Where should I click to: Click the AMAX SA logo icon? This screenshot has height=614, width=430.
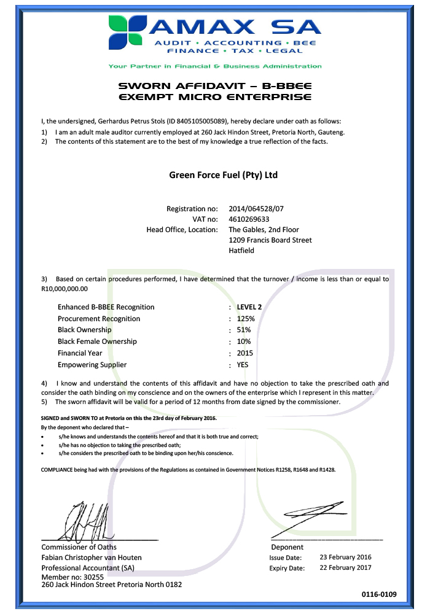127,32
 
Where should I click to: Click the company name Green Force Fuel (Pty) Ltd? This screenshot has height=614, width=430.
223,175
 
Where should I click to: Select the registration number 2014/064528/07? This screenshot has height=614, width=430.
257,208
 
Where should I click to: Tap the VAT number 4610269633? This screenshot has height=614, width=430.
249,219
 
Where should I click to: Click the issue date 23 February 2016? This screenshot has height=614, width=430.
345,558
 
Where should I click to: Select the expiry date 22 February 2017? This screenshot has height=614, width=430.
345,568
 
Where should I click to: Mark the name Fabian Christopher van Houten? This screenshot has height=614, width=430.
92,558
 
